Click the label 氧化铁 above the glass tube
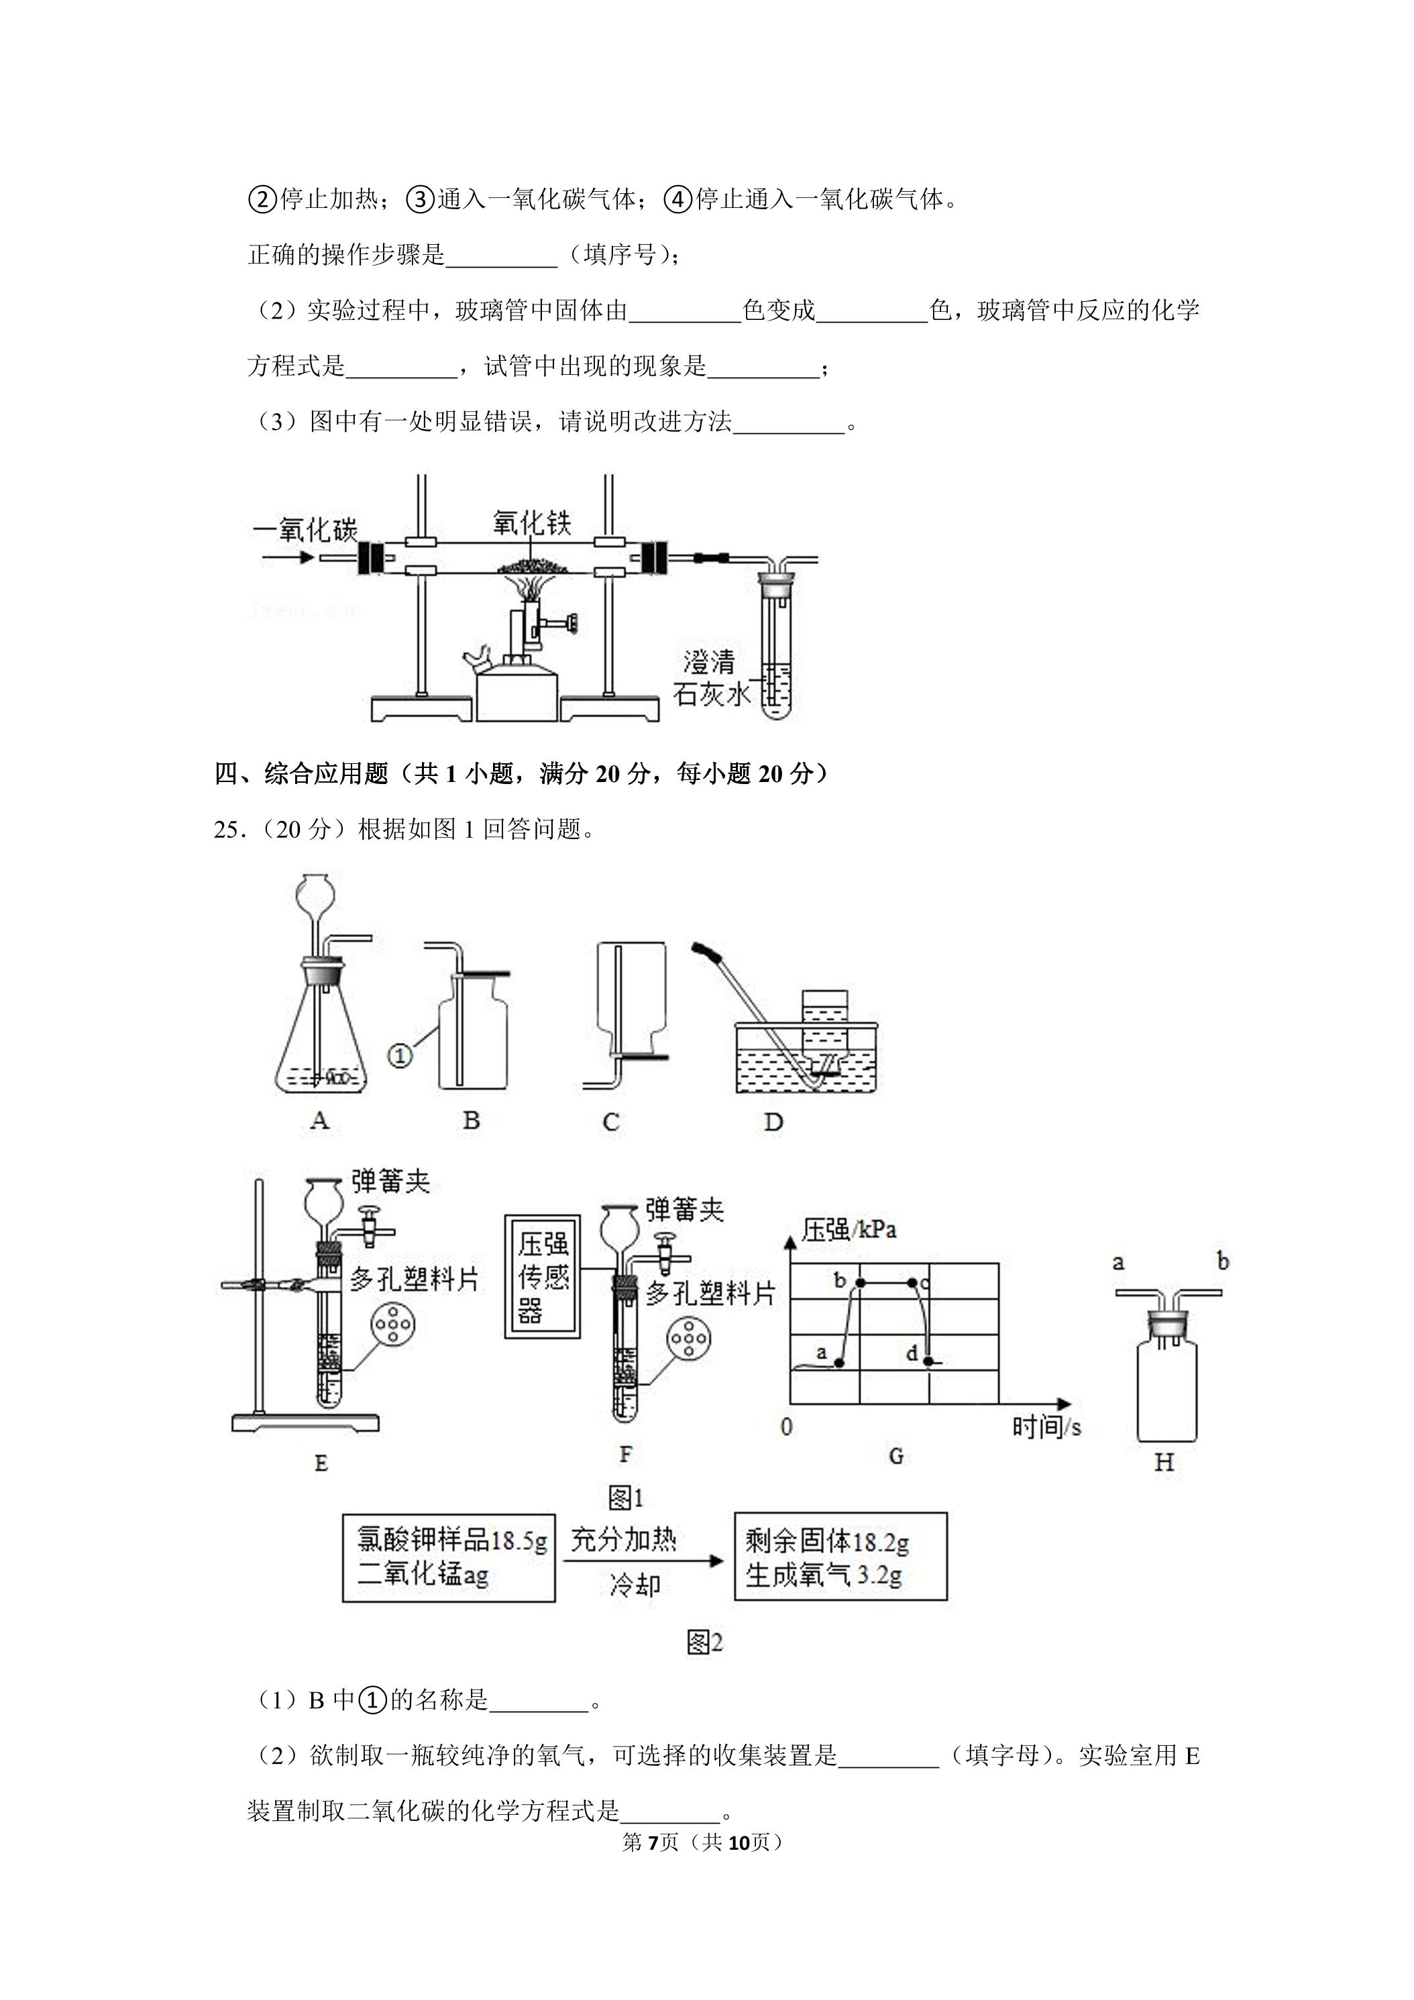click(531, 524)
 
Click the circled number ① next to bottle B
click(398, 1056)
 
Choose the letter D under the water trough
click(773, 1122)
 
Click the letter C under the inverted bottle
click(610, 1122)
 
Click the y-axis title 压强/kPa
click(849, 1230)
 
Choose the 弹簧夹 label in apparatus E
click(390, 1181)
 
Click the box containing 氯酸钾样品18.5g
click(449, 1557)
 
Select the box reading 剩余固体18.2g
click(840, 1556)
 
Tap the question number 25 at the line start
click(225, 829)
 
